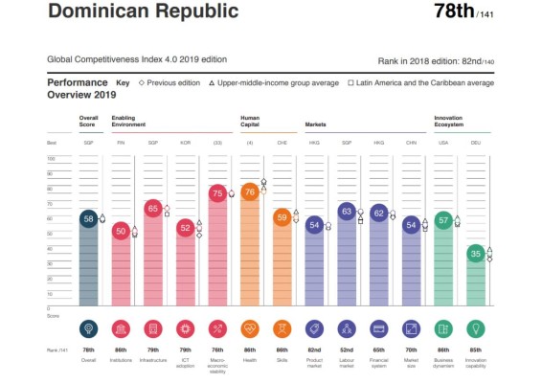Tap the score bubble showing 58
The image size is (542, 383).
[88, 219]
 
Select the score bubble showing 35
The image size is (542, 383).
[476, 254]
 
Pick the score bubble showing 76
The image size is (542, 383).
[249, 192]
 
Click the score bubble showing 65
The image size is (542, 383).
[152, 208]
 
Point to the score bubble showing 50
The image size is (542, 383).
[121, 231]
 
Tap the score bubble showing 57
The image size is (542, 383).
[443, 220]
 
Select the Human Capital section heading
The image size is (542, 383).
[251, 122]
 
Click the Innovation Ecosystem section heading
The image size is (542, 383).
[449, 122]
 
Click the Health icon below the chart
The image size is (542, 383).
[249, 329]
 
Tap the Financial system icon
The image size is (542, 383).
[378, 329]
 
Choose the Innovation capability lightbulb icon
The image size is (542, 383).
[476, 329]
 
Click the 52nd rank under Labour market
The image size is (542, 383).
[346, 351]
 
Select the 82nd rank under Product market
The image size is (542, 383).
[314, 351]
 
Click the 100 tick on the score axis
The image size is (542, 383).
[51, 159]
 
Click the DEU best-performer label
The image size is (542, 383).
[476, 142]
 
